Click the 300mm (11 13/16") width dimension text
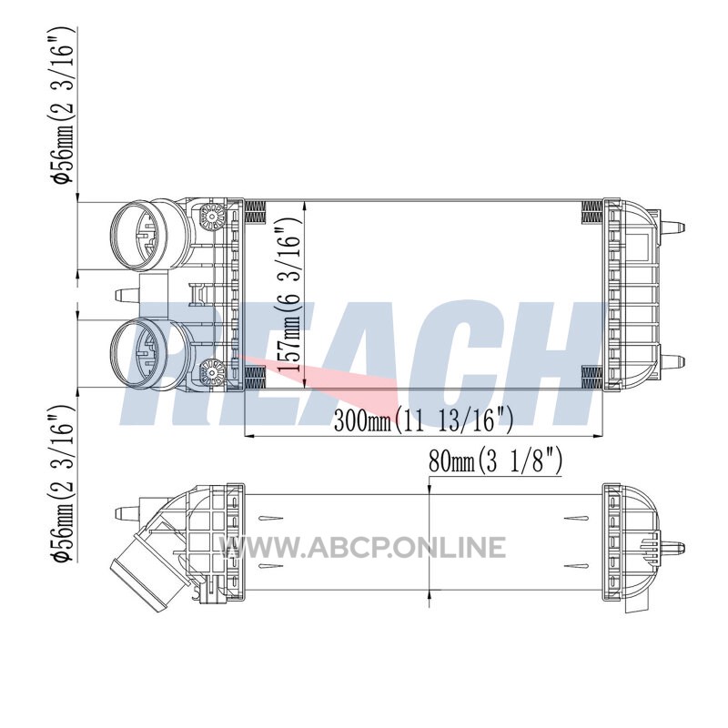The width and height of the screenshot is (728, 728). pos(423,420)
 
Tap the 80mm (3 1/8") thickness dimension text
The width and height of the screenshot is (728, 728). pos(495,460)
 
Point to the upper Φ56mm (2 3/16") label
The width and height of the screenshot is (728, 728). pos(62,105)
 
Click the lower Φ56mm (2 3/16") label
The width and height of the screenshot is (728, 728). pos(62,484)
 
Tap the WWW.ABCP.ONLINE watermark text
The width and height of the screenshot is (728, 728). pos(363,547)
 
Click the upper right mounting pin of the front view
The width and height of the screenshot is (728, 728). pos(672,227)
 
